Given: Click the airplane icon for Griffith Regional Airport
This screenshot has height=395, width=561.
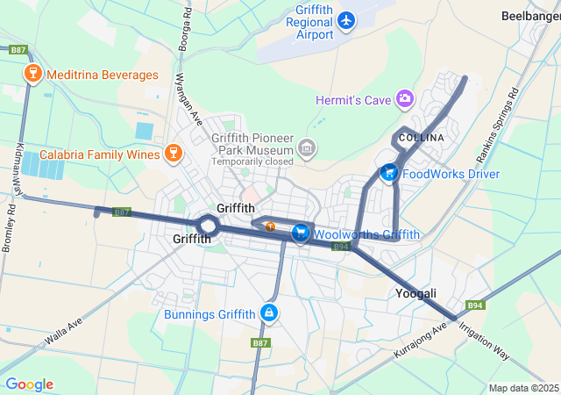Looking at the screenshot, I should pyautogui.click(x=346, y=19).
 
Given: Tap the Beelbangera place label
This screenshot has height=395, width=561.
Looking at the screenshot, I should pyautogui.click(x=529, y=15).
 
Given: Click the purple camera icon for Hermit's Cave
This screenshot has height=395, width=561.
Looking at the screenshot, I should pyautogui.click(x=404, y=98).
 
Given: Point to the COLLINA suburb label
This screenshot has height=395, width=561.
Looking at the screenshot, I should pyautogui.click(x=421, y=139).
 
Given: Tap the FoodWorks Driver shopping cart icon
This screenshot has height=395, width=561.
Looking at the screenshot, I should pyautogui.click(x=388, y=173).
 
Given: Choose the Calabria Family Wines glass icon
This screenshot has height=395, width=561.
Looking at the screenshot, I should pyautogui.click(x=174, y=154).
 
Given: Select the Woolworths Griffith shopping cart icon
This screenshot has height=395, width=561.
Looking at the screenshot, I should pyautogui.click(x=301, y=233).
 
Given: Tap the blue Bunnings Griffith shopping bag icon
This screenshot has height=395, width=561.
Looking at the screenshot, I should pyautogui.click(x=268, y=313).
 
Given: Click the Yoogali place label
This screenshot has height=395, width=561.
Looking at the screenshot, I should pyautogui.click(x=415, y=293).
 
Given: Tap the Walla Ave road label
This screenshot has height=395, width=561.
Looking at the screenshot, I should pyautogui.click(x=63, y=334).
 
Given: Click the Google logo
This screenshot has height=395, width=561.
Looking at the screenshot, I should pyautogui.click(x=29, y=384).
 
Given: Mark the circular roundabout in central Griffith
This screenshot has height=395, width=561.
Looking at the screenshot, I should pyautogui.click(x=207, y=225).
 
